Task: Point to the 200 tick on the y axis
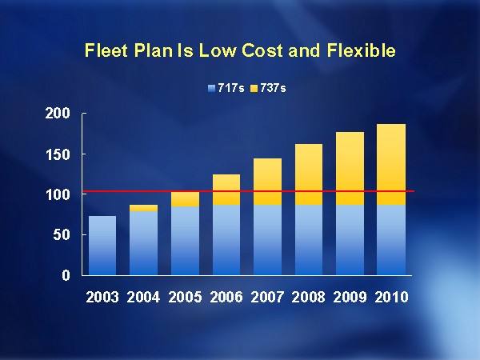pyautogui.click(x=59, y=114)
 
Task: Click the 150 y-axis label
pyautogui.click(x=59, y=154)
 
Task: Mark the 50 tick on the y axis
pyautogui.click(x=64, y=235)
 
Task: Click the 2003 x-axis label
pyautogui.click(x=102, y=297)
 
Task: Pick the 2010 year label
pyautogui.click(x=391, y=297)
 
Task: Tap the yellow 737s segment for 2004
pyautogui.click(x=143, y=208)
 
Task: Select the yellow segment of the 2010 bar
pyautogui.click(x=391, y=164)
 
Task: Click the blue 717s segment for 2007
pyautogui.click(x=266, y=240)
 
